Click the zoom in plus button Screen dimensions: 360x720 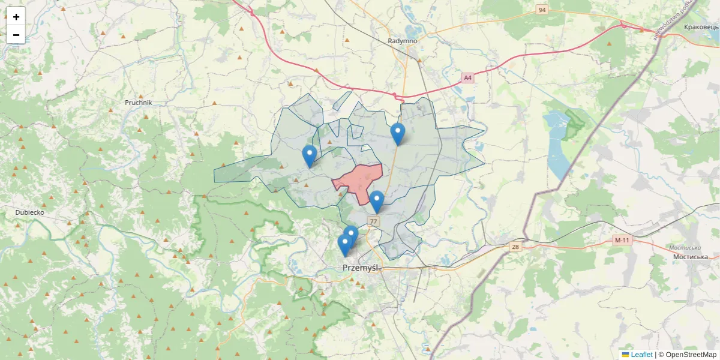(x=16, y=17)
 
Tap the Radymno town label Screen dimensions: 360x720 (x=402, y=41)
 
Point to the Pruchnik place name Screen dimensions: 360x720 (x=139, y=103)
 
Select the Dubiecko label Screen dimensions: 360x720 (x=30, y=212)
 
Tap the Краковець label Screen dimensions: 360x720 (x=701, y=27)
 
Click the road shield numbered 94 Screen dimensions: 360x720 (x=542, y=10)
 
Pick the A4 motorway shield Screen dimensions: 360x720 (x=468, y=77)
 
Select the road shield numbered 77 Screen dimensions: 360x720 (x=374, y=221)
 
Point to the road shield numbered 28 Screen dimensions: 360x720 (x=515, y=247)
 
